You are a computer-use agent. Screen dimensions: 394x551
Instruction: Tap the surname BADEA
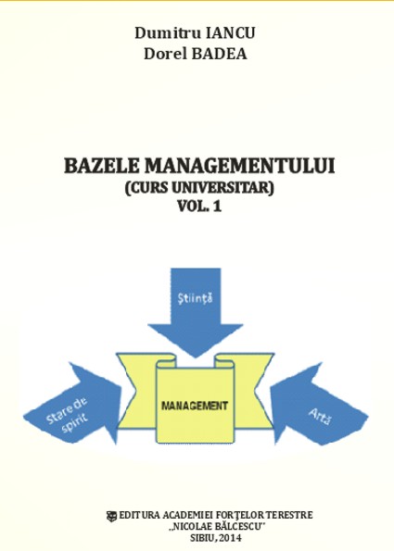219,54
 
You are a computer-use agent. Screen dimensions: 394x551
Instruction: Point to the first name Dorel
165,54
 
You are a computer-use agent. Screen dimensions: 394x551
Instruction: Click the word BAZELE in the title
102,166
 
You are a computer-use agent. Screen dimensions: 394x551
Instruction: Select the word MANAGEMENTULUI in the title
240,166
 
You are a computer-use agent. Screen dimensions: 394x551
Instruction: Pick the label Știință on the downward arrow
195,299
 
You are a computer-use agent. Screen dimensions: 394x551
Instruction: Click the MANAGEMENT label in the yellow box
195,407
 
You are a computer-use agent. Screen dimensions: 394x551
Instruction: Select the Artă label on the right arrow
321,417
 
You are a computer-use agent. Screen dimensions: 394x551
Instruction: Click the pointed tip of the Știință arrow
196,357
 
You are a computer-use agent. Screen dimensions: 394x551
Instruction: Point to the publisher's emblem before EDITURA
111,516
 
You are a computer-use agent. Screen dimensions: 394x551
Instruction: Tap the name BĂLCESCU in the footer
231,527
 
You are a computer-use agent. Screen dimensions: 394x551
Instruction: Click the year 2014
232,538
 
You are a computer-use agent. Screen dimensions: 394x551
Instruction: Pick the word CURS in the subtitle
152,187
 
